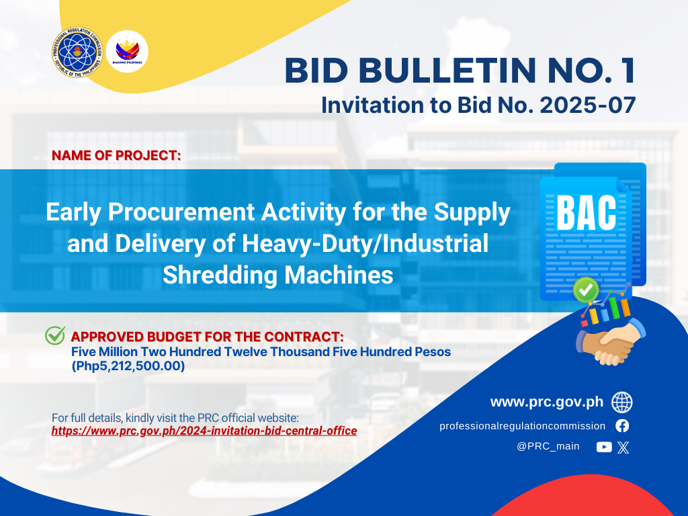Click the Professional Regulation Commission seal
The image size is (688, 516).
coord(77,52)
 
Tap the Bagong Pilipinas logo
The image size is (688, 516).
coord(127,51)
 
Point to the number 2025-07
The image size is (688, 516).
coord(588,105)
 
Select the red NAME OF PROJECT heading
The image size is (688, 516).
coord(116,155)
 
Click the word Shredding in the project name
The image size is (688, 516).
coord(220,275)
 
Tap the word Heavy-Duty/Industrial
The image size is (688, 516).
coord(365,243)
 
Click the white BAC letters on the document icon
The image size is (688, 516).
coord(586,213)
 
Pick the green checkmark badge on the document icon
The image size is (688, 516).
coord(586,290)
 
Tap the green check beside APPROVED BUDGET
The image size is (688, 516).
coord(55,336)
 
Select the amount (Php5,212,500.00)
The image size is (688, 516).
coord(128,366)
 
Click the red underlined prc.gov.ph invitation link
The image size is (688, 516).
coord(204,431)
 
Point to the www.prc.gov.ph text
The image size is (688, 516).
coord(547,402)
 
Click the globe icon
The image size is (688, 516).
coord(622,402)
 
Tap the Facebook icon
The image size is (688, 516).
coord(622,425)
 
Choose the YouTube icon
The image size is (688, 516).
coord(604,447)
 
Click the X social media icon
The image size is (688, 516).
coord(623,447)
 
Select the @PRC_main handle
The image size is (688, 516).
coord(548,446)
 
